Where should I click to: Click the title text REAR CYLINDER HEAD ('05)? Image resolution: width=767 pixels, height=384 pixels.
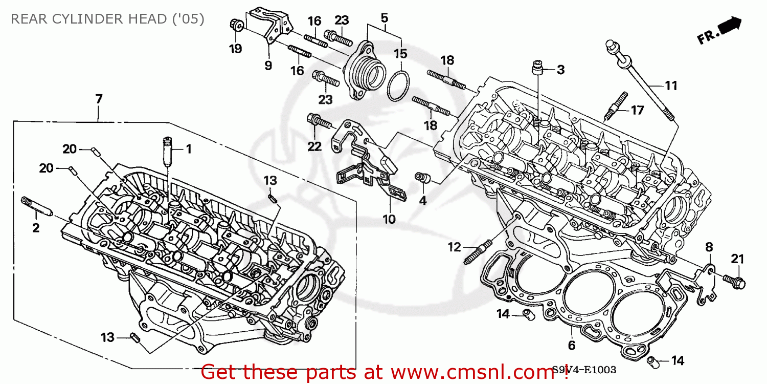(x=107, y=19)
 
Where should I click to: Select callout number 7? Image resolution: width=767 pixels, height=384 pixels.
(x=99, y=99)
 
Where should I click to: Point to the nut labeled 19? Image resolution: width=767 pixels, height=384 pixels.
(x=236, y=24)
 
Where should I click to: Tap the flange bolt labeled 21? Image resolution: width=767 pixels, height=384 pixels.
(x=734, y=281)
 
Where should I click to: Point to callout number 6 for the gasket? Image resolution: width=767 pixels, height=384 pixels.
(x=571, y=346)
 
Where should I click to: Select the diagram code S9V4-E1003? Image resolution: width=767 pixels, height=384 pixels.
(x=583, y=370)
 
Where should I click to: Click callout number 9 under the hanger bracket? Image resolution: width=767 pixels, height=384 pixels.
(x=268, y=66)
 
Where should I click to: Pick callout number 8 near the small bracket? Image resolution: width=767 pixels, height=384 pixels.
(x=709, y=247)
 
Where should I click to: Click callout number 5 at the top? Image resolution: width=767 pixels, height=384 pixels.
(x=385, y=18)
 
